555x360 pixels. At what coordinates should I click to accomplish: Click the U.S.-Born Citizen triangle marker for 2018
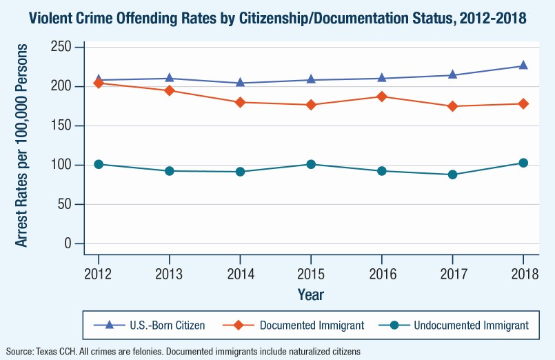523,66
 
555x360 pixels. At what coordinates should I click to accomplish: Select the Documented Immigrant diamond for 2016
382,97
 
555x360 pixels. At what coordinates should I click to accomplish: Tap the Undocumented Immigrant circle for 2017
452,174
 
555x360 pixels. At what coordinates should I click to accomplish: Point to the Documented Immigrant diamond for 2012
99,83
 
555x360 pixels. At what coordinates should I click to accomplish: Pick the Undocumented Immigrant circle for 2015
311,164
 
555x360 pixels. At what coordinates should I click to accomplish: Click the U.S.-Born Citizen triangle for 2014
240,83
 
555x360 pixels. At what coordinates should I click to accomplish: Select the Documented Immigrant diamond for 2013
170,90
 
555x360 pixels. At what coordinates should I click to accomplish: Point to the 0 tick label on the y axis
68,244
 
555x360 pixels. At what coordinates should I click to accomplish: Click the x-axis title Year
311,294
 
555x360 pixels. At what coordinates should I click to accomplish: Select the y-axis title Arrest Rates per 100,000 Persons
22,146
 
